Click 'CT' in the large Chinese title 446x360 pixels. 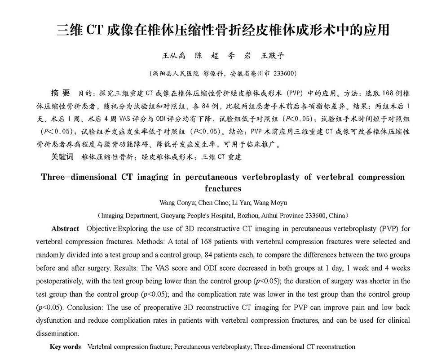95,30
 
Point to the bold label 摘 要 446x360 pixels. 61,93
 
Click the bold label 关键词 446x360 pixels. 62,157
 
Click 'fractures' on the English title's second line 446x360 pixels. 223,188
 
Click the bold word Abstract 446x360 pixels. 65,229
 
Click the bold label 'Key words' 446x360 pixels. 65,347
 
